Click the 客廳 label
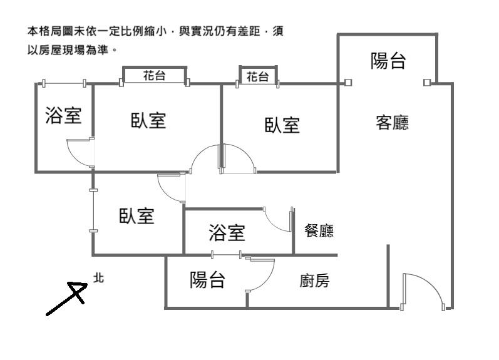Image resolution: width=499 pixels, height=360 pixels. tap(392, 123)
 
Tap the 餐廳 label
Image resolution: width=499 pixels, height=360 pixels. tap(319, 231)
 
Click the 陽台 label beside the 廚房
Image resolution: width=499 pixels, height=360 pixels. tap(207, 280)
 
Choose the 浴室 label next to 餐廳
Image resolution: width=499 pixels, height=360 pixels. tap(227, 234)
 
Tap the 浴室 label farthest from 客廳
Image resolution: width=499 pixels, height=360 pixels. tap(63, 115)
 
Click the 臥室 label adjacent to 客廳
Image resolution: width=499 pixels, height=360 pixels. tap(282, 125)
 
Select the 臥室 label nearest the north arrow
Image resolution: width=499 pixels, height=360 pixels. tap(136, 217)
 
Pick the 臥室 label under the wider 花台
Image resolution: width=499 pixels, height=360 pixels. tap(148, 120)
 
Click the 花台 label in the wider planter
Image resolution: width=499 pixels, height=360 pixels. tap(154, 76)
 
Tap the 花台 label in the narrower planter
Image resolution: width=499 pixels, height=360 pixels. tap(257, 77)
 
